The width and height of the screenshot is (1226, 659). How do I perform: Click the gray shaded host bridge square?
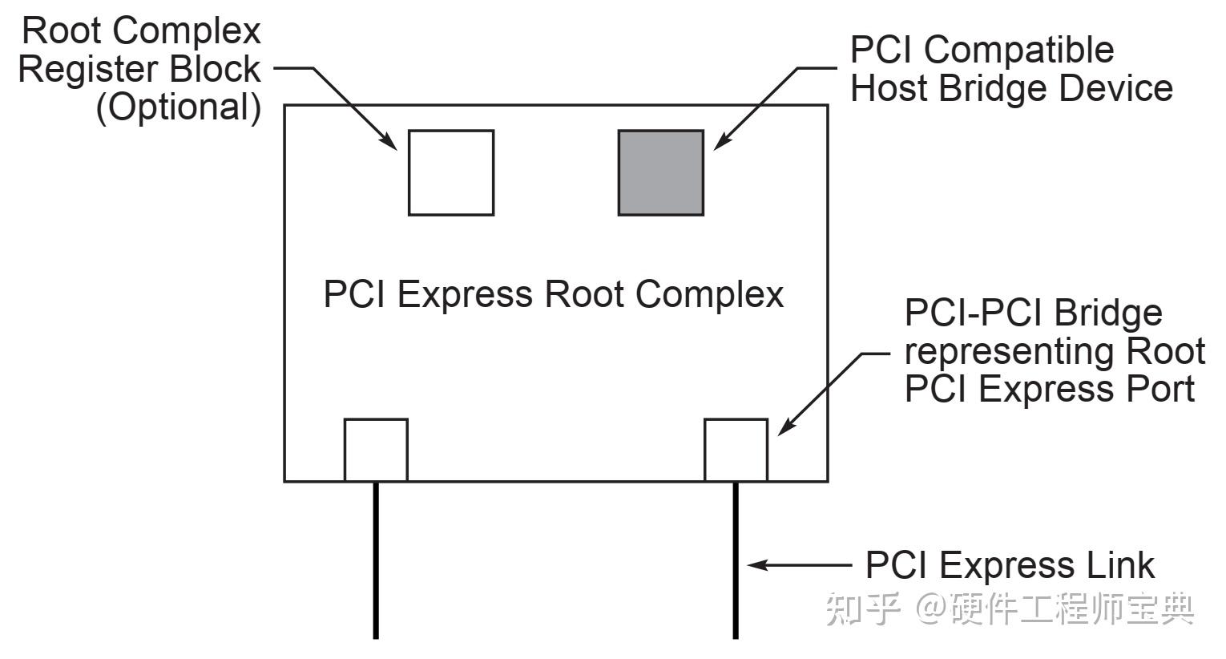(x=660, y=173)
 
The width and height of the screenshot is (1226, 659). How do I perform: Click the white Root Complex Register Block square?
(x=451, y=173)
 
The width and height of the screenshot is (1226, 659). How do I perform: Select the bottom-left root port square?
(x=376, y=450)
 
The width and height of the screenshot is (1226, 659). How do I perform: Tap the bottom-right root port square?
(x=736, y=450)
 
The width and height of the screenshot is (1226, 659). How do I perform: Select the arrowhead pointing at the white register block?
(x=390, y=142)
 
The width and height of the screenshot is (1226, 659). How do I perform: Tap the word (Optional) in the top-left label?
(x=179, y=107)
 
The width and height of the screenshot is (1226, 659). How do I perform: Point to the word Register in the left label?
(x=89, y=70)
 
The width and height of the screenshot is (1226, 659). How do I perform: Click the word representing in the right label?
(x=1010, y=352)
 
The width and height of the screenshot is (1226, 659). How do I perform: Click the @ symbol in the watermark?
(x=931, y=608)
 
